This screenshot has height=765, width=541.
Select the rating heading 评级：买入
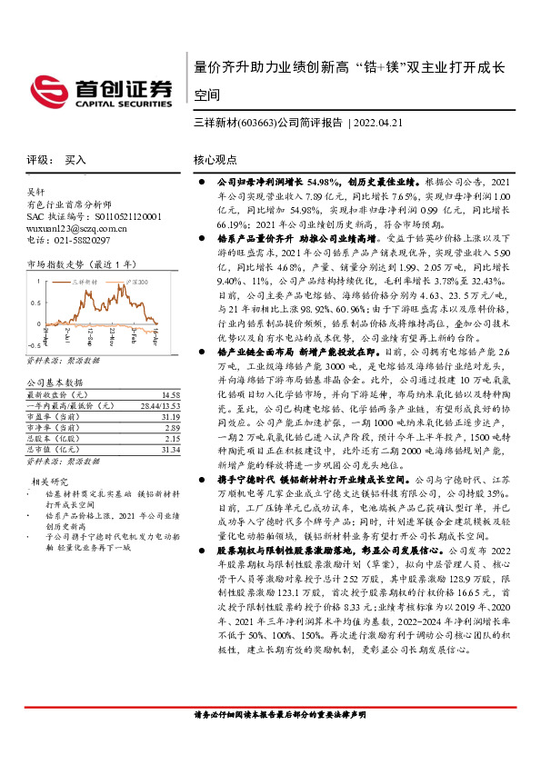pos(56,159)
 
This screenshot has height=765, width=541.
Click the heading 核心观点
pos(215,159)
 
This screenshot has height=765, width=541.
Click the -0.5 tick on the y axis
pos(33,346)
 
